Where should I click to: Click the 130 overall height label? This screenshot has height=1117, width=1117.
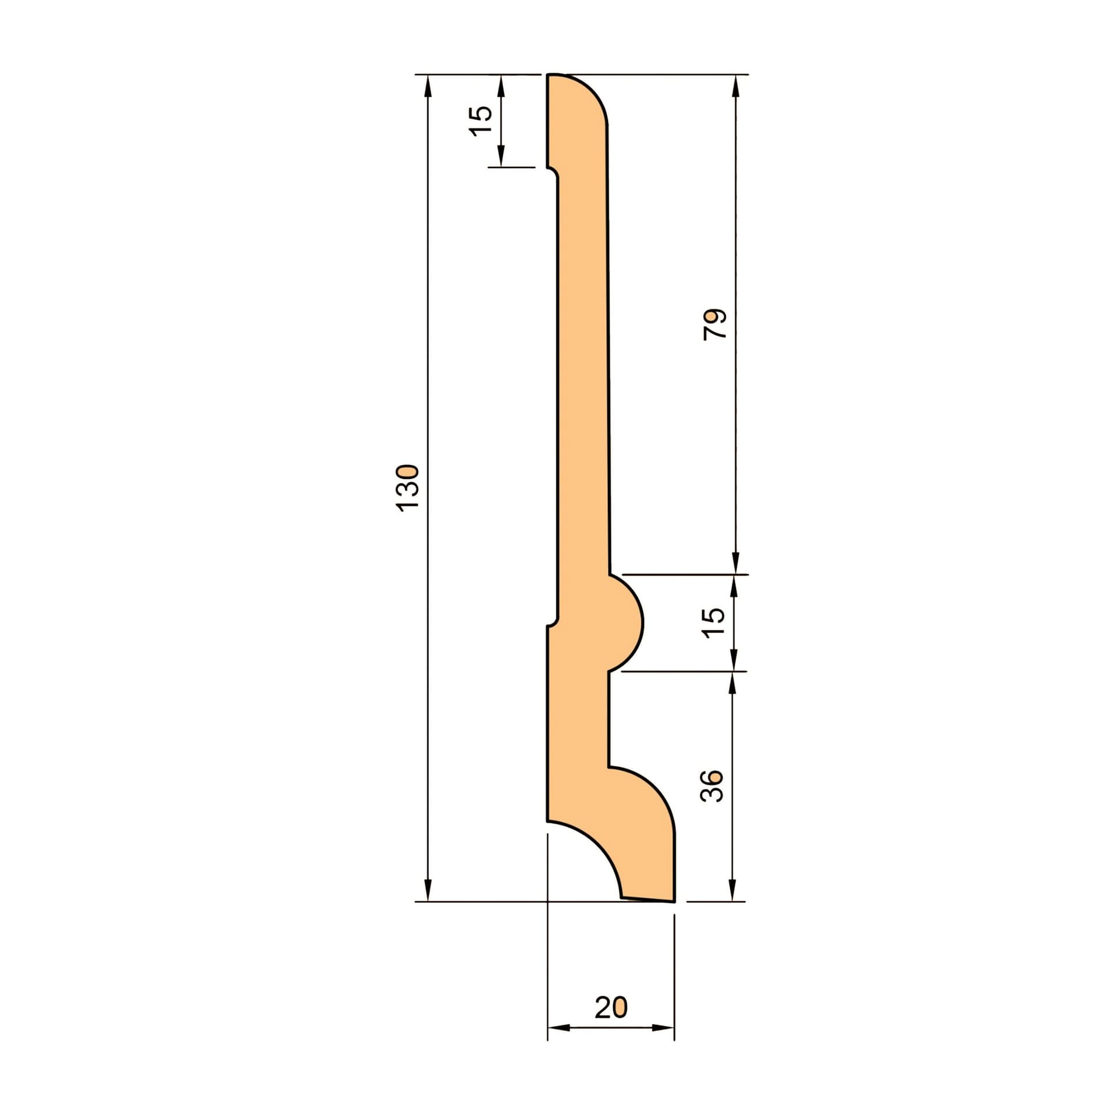coord(407,488)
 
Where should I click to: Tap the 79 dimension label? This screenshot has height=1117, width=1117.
coord(715,324)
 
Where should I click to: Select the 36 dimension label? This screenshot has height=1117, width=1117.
coord(712,786)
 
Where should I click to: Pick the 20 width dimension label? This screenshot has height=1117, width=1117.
coord(611,1007)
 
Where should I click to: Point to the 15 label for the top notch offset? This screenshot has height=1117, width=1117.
coord(481,121)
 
